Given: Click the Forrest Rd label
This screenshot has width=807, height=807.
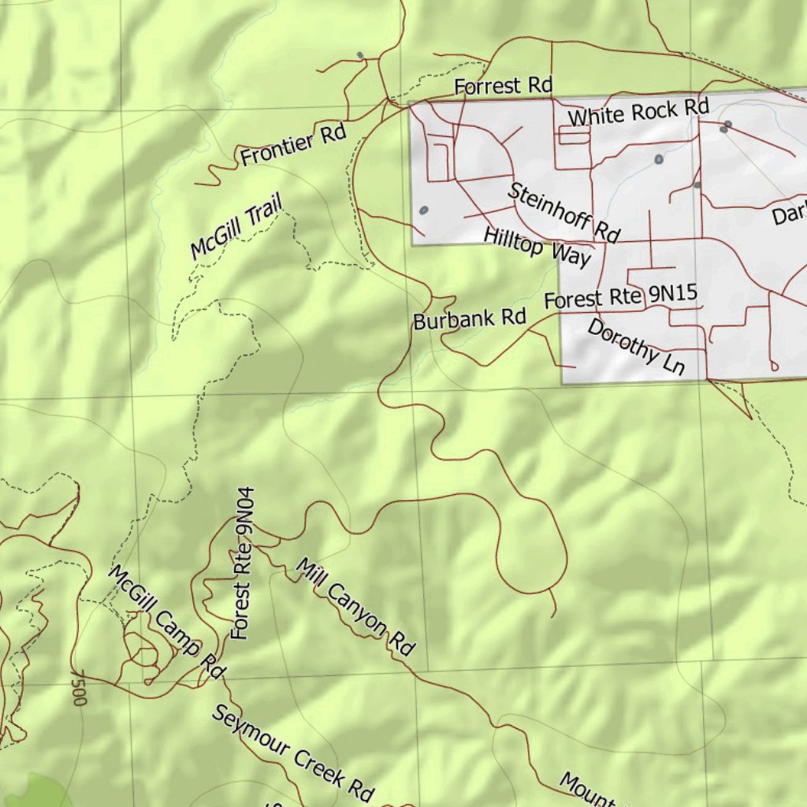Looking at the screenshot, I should point(503,85).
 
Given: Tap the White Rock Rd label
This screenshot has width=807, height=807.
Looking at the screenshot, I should point(638,112).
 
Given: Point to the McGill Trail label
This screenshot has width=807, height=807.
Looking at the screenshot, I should point(236,229).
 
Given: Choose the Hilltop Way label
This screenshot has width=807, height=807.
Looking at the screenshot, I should point(537,247).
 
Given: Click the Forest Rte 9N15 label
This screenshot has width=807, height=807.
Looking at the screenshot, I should point(621,297).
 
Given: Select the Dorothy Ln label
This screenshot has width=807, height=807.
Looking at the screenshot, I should point(636,347).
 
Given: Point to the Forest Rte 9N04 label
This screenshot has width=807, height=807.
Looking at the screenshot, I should point(243,563).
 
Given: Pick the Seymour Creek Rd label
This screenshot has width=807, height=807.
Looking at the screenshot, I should point(292,753).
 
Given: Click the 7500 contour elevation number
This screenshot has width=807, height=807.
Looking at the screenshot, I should point(77,688).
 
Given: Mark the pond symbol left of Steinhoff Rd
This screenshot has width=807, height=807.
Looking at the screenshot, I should point(424,210).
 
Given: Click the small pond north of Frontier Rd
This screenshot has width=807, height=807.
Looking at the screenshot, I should point(360,55).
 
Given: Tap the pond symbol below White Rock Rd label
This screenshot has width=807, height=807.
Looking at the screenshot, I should point(659,159).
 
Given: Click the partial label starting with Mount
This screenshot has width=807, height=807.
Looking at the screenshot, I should point(587,790).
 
